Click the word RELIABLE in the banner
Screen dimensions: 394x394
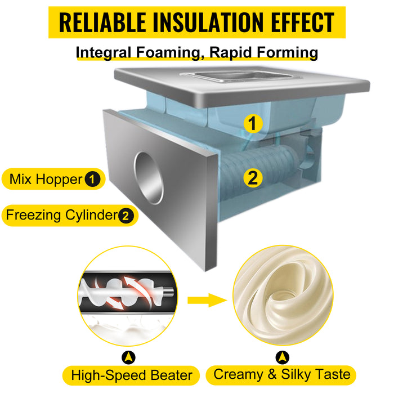point(102,23)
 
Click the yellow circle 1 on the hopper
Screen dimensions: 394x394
point(253,123)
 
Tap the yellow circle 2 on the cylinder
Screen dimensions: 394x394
point(253,178)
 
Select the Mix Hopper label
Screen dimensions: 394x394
point(53,179)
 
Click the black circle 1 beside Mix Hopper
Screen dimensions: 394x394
point(92,179)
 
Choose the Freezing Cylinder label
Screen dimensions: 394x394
point(70,216)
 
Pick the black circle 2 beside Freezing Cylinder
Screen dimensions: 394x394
point(126,216)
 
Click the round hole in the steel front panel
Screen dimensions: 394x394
point(149,178)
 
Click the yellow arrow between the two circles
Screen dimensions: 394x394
point(208,300)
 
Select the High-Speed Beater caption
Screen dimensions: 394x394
point(131,375)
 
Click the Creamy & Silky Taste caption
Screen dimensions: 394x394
point(281,375)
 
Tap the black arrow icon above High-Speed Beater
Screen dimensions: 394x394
point(128,357)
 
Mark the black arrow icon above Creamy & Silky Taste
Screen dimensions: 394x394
point(283,357)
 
